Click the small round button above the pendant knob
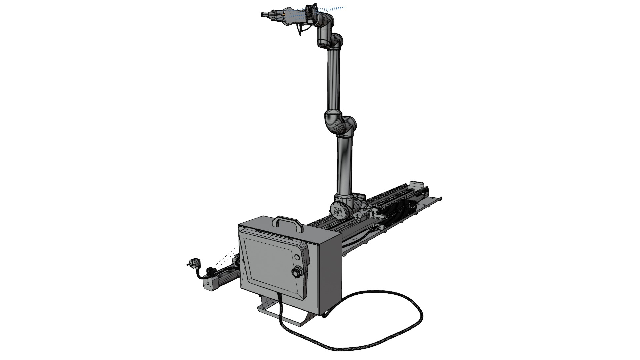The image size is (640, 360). tap(297, 257)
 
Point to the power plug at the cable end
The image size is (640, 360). tap(193, 263)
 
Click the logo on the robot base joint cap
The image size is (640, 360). tap(337, 210)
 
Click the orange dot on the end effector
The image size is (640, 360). tap(284, 14)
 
